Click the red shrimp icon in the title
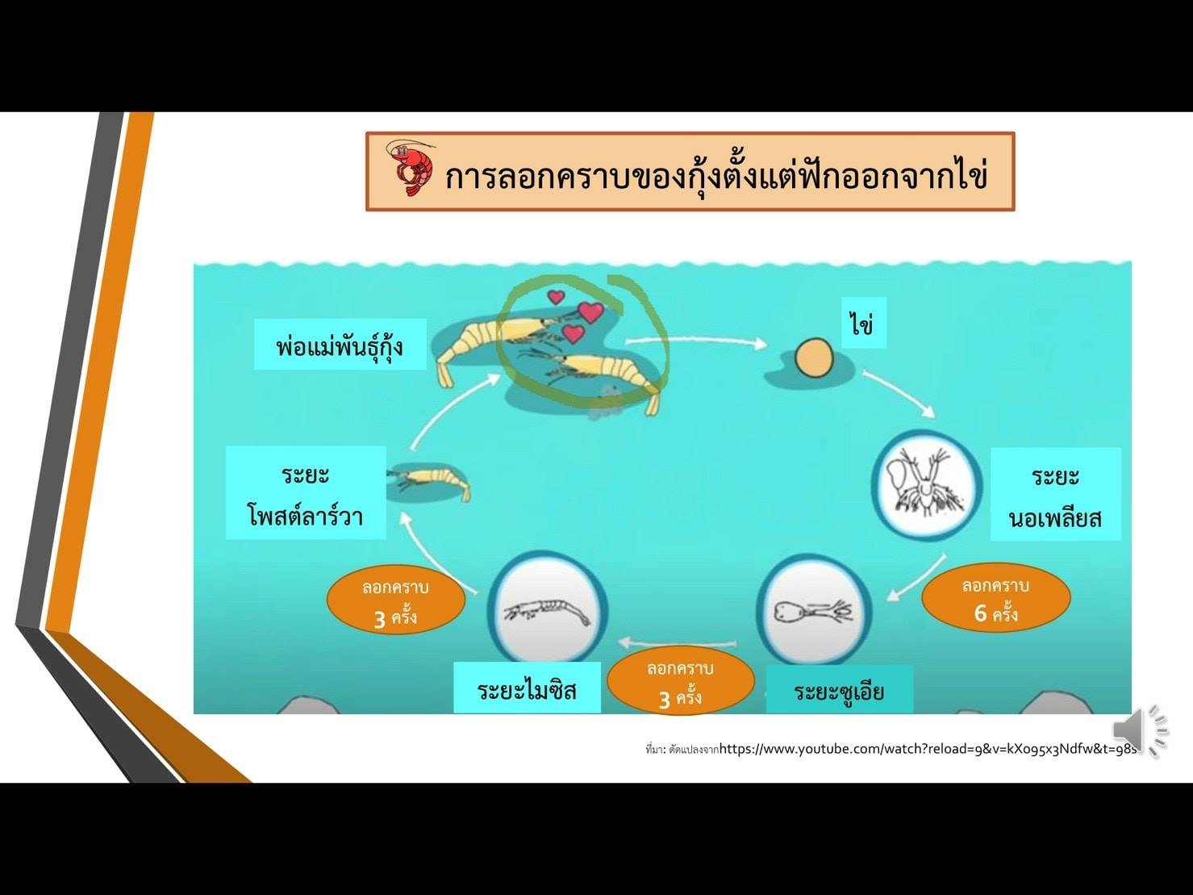[411, 169]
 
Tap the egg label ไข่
[864, 323]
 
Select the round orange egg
[814, 358]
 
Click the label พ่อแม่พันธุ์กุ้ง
[340, 345]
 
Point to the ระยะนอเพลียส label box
[1056, 494]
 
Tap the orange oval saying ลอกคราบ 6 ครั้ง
[995, 597]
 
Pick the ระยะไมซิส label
[527, 688]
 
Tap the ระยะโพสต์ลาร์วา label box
[306, 492]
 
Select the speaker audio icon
[1139, 731]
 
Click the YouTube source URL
[928, 749]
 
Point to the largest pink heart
[590, 312]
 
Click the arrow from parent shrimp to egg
[696, 341]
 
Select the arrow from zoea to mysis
[678, 642]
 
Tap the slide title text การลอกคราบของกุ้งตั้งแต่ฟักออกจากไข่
[715, 174]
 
